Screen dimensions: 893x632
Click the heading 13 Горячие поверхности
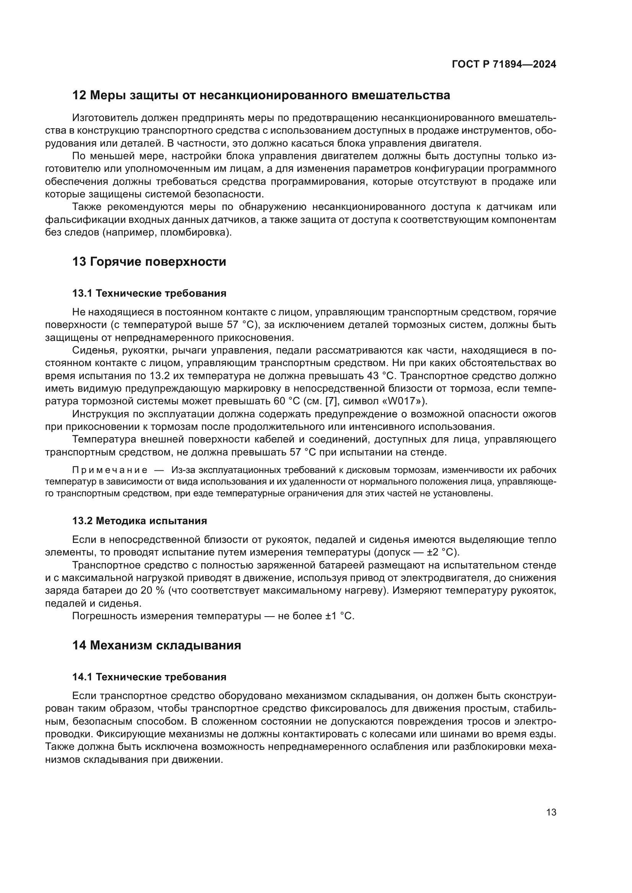pyautogui.click(x=149, y=262)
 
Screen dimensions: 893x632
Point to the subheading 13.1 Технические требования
pyautogui.click(x=149, y=293)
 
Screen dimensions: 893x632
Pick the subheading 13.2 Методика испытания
pyautogui.click(x=139, y=521)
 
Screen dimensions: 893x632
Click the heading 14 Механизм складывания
pyautogui.click(x=156, y=645)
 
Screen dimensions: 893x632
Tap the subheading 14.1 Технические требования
pyautogui.click(x=149, y=677)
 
